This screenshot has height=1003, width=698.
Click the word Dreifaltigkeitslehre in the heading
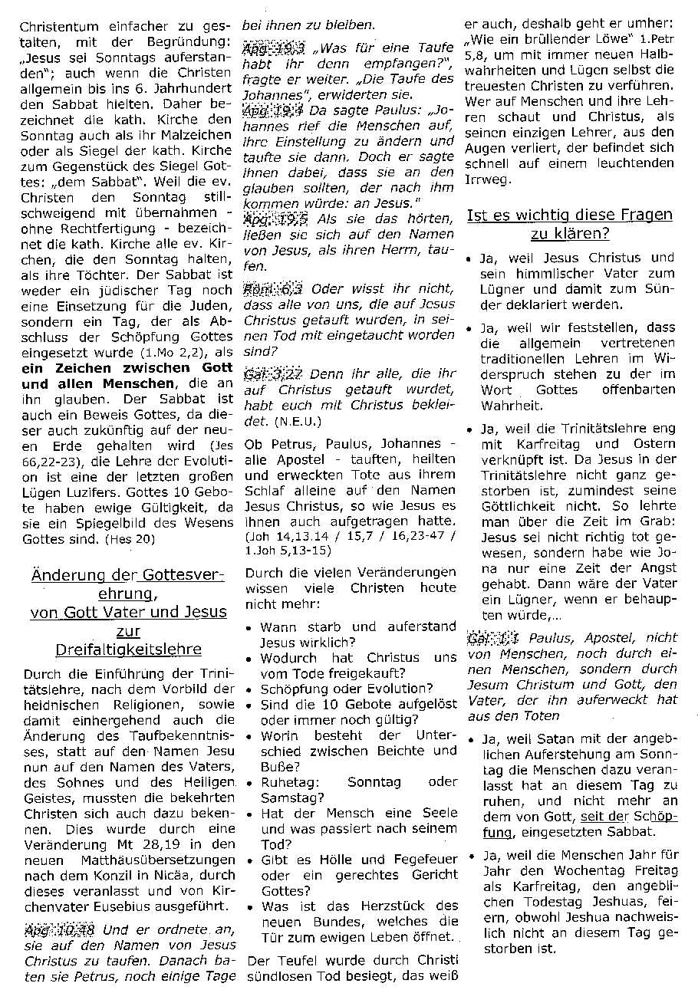(x=129, y=650)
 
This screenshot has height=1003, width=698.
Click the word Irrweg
(x=485, y=179)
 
